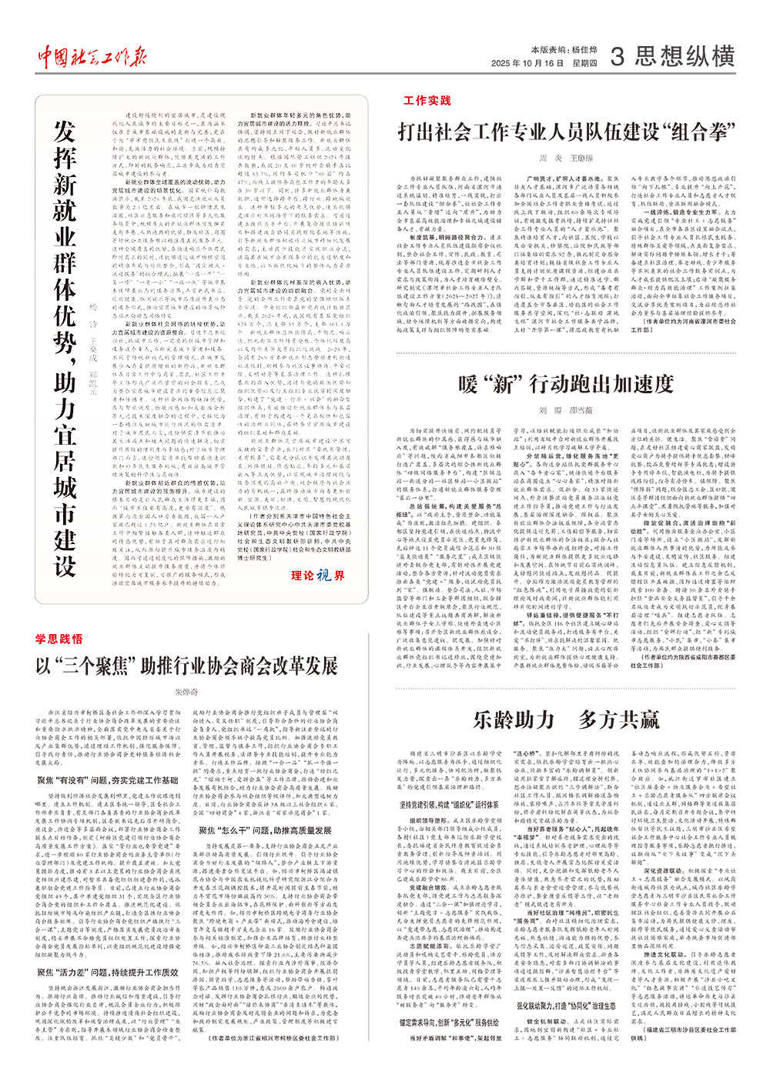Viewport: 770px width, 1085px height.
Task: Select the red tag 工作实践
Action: click(427, 101)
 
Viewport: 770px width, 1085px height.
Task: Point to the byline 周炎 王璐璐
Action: click(561, 158)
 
